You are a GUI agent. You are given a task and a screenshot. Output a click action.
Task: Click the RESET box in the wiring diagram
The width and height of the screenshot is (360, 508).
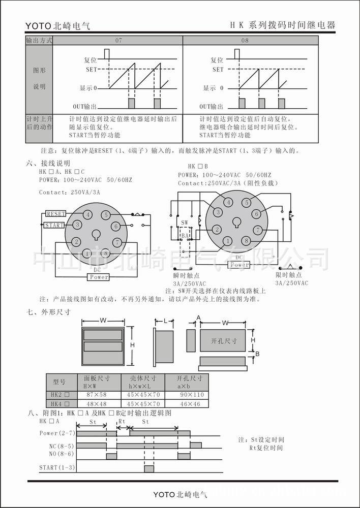55,213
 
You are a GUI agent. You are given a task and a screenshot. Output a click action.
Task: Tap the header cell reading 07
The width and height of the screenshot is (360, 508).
118,40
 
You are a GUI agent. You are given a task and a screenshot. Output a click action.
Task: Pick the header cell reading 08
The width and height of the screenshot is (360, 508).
245,40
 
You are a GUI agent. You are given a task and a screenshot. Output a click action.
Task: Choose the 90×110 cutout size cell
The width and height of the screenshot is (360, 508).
192,395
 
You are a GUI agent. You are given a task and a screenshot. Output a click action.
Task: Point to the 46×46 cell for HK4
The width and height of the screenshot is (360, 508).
192,404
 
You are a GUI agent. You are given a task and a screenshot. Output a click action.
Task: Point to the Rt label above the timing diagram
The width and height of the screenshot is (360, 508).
122,422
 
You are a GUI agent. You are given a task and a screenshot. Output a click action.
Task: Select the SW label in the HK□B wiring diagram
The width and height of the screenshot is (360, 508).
184,223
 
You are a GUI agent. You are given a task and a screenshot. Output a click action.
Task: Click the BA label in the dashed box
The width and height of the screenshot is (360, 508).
185,236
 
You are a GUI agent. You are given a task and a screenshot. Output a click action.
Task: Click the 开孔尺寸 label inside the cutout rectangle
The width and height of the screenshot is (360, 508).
224,341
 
